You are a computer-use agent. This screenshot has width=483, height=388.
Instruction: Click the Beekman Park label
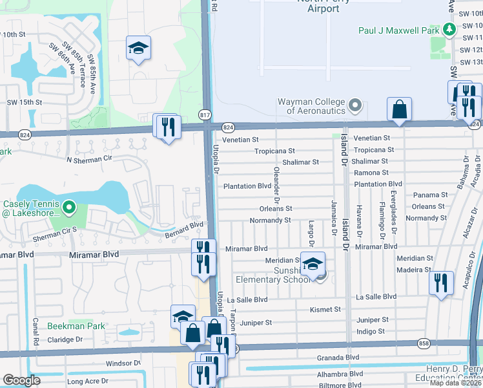click(76, 327)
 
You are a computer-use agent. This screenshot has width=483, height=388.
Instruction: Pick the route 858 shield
click(423, 343)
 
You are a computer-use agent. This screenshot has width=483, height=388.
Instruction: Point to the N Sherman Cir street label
click(89, 158)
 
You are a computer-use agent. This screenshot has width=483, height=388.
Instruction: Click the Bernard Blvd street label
click(183, 228)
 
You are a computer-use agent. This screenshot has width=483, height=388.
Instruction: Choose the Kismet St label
click(325, 310)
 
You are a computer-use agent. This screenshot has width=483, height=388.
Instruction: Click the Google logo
click(22, 380)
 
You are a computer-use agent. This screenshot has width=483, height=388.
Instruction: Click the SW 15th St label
click(24, 102)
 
